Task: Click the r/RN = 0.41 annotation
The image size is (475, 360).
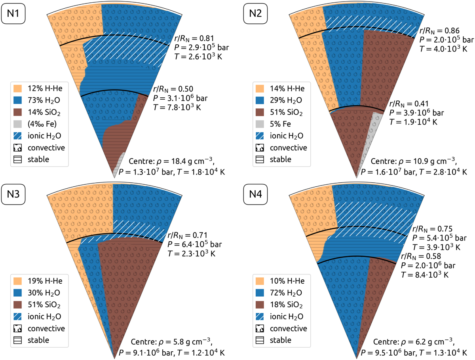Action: [x=408, y=104]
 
